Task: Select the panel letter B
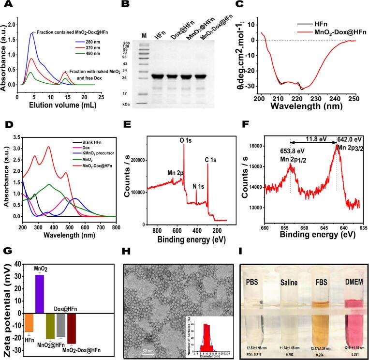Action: [125, 5]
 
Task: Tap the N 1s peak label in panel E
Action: [198, 184]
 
